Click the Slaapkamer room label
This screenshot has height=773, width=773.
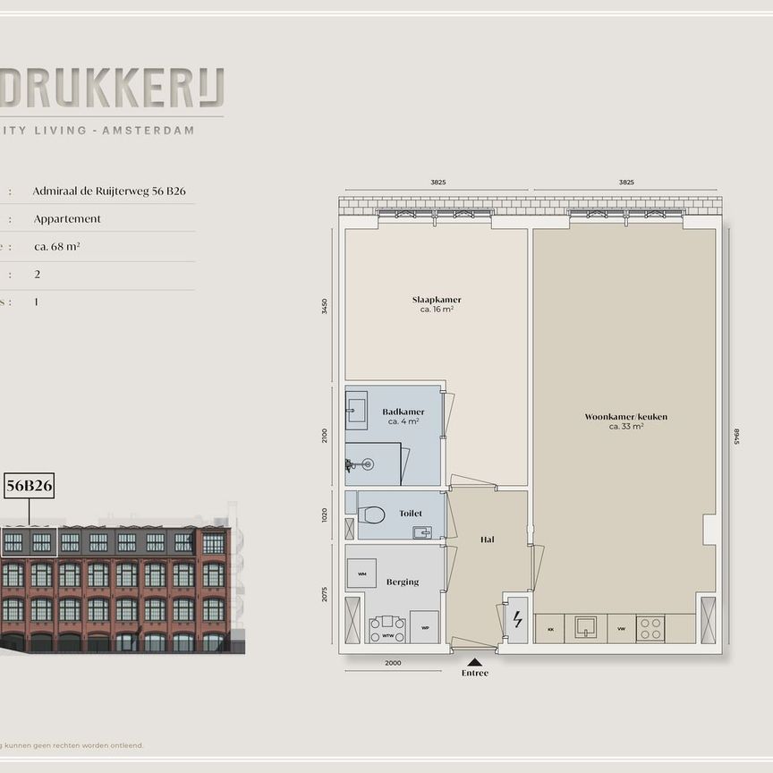point(437,301)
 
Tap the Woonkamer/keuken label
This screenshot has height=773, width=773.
point(625,417)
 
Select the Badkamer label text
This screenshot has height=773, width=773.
point(403,412)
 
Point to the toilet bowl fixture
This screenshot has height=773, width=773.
point(372,514)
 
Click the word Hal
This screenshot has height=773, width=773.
point(487,539)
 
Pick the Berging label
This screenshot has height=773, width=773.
point(403,582)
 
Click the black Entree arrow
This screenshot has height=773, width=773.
point(474,662)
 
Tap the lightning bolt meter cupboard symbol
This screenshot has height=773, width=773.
point(516,618)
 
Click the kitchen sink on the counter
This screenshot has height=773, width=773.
point(587,627)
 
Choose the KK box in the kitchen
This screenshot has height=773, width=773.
point(548,629)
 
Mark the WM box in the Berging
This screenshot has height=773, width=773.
point(361,573)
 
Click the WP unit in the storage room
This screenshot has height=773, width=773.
point(424,627)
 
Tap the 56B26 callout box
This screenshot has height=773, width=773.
point(30,486)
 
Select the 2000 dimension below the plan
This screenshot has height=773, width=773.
point(392,663)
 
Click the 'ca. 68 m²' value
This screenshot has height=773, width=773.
point(57,246)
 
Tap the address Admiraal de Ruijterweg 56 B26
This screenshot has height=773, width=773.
point(109,191)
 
